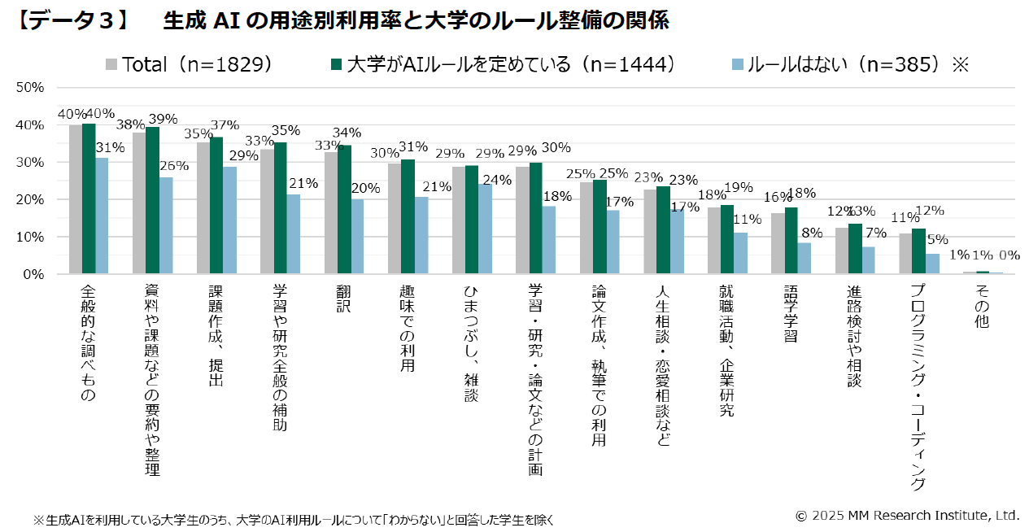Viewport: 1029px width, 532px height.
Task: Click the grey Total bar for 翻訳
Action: [x=331, y=213]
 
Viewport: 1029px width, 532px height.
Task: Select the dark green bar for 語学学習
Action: [x=791, y=241]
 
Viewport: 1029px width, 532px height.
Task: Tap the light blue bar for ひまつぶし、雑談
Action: [x=484, y=229]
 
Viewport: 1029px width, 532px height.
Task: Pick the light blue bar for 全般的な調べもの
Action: [x=102, y=216]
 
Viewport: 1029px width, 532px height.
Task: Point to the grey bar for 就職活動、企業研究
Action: [x=713, y=241]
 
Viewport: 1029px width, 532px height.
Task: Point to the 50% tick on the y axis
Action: [x=30, y=87]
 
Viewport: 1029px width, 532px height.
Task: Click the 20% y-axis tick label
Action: [x=30, y=199]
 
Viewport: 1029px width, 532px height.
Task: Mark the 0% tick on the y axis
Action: [x=33, y=274]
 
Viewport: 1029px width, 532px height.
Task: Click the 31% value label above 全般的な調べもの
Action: [x=110, y=148]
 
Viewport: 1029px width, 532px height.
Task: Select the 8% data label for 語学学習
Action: [x=812, y=233]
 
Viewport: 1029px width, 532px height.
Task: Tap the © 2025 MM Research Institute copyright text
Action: [x=906, y=515]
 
